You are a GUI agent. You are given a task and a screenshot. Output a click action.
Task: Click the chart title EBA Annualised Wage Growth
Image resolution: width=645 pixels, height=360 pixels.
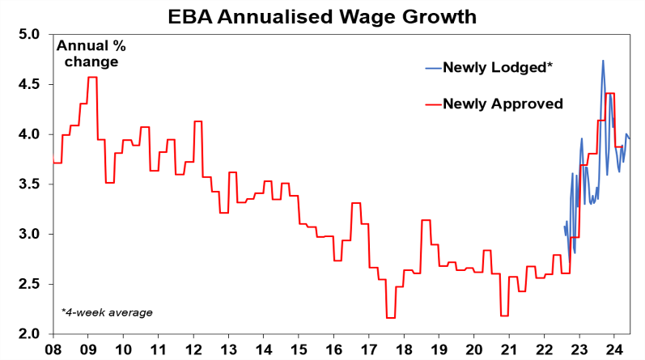[x=321, y=15]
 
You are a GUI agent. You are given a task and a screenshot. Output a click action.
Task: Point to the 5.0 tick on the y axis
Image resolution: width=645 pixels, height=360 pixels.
[x=28, y=35]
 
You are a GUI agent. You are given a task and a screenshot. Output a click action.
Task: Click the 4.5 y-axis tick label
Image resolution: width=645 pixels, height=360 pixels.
[x=28, y=85]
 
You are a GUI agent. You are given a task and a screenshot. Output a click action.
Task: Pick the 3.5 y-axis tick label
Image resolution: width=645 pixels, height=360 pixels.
[x=28, y=184]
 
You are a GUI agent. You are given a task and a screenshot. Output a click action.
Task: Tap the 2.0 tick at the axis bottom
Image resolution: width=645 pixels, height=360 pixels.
[x=28, y=333]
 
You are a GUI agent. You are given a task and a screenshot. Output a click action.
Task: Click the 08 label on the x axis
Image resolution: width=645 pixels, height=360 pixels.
[x=53, y=349]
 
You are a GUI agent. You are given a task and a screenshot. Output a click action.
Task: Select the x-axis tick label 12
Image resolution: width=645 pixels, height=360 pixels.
[x=194, y=349]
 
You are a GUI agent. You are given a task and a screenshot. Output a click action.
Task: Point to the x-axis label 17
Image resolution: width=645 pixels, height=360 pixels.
[x=369, y=349]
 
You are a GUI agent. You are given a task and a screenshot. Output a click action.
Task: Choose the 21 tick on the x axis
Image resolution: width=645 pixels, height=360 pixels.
[x=509, y=349]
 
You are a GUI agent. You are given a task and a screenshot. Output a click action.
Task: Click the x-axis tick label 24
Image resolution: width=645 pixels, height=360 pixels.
[x=614, y=349]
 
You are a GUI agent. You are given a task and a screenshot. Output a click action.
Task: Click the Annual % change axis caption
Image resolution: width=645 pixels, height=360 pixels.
[x=86, y=53]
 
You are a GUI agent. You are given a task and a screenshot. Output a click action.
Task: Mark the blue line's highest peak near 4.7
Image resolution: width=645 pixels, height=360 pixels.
[x=602, y=61]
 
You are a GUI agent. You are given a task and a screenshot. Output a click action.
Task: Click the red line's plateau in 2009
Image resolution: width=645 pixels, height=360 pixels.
[x=92, y=78]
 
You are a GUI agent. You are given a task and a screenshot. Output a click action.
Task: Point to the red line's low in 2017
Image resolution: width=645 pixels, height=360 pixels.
[x=391, y=318]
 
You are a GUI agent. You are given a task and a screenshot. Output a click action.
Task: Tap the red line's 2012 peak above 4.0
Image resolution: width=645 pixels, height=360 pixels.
[x=197, y=121]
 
